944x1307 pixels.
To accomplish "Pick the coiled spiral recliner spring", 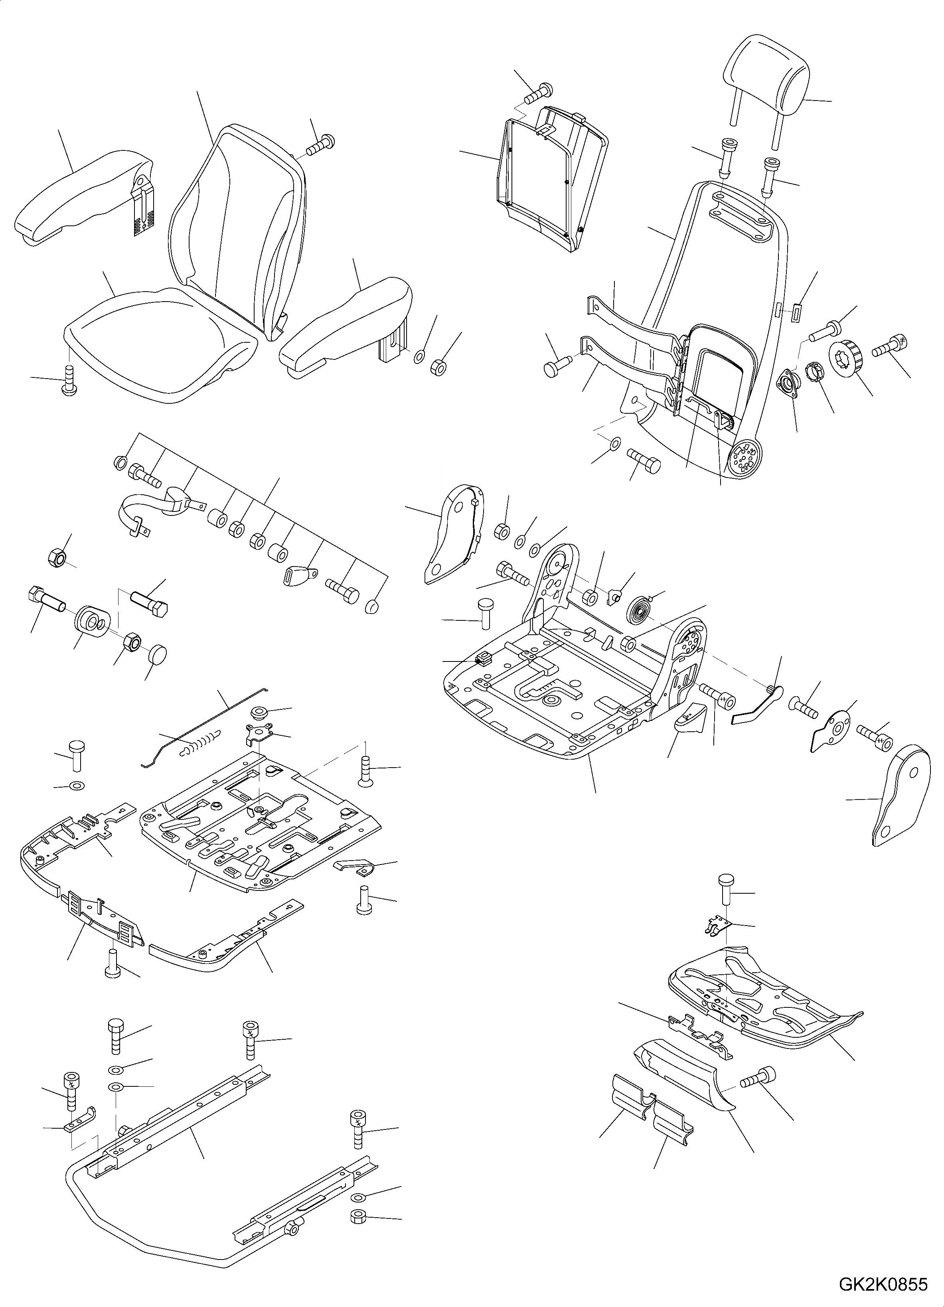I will point(639,609).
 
